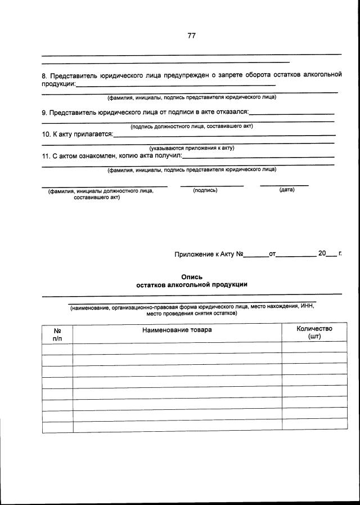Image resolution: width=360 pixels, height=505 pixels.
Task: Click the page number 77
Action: pyautogui.click(x=191, y=35)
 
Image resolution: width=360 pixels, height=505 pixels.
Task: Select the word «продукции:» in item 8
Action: pyautogui.click(x=58, y=84)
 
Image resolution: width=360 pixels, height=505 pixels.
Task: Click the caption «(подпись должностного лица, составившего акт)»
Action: pyautogui.click(x=191, y=127)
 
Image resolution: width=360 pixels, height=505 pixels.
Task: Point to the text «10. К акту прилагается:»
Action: pyautogui.click(x=78, y=135)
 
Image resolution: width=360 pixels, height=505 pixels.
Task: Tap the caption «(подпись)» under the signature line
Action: pyautogui.click(x=205, y=190)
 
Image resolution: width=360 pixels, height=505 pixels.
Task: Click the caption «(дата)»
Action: pyautogui.click(x=286, y=190)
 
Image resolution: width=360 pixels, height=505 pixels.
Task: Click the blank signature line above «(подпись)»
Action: pyautogui.click(x=211, y=185)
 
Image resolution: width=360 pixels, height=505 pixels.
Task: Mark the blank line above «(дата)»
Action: pyautogui.click(x=284, y=185)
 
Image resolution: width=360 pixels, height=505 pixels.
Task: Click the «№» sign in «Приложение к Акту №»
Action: pyautogui.click(x=239, y=254)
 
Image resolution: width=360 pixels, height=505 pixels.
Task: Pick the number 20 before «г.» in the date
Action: pyautogui.click(x=322, y=253)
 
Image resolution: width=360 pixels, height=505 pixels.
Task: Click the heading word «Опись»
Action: pyautogui.click(x=191, y=276)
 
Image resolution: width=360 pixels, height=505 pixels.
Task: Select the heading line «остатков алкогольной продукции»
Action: pyautogui.click(x=191, y=284)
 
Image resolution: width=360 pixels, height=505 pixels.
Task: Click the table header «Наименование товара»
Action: pyautogui.click(x=177, y=330)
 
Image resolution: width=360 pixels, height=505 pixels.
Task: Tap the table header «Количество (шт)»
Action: pyautogui.click(x=314, y=333)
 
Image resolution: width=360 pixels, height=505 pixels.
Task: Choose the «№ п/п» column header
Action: pyautogui.click(x=57, y=334)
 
